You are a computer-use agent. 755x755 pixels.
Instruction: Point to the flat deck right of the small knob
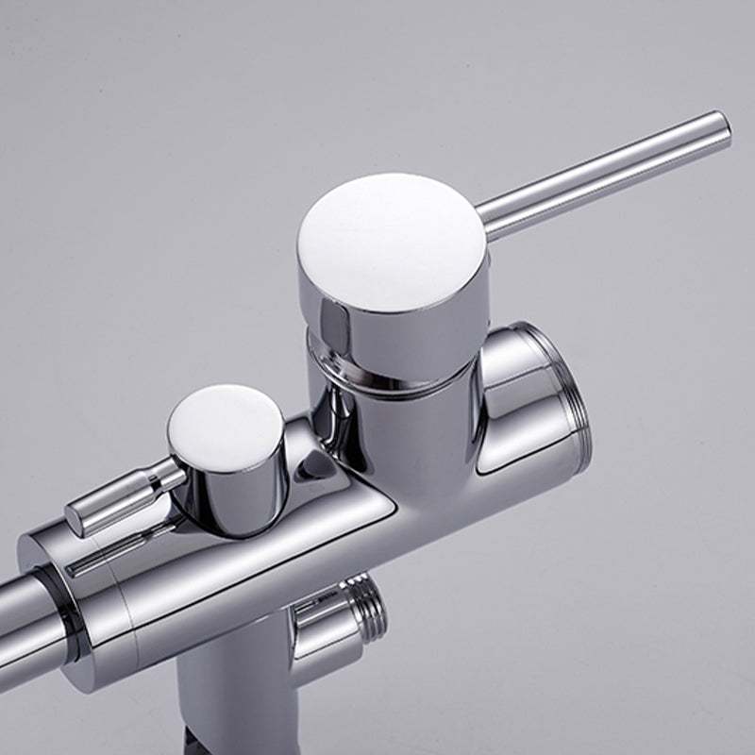pyautogui.click(x=340, y=514)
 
